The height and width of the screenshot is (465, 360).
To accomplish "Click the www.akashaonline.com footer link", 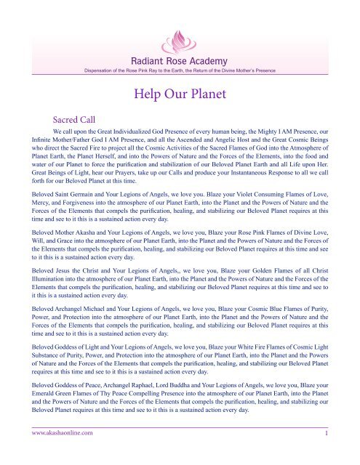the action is pos(60,453).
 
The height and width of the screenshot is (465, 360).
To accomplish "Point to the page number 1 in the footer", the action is pos(327,453).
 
